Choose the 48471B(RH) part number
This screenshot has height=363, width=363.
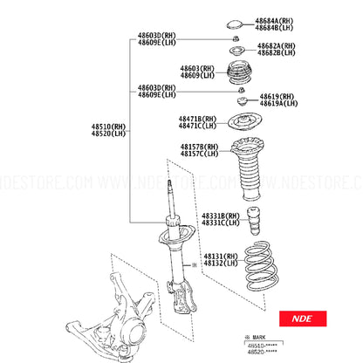198,118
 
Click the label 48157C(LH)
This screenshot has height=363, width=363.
198,154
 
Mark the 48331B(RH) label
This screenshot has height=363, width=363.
220,215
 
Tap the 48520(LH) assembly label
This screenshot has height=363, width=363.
108,135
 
